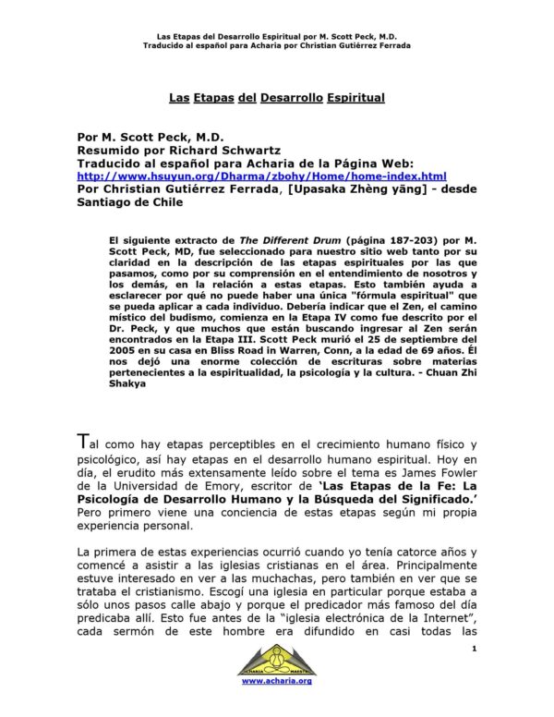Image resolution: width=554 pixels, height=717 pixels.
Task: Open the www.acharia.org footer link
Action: pyautogui.click(x=276, y=705)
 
